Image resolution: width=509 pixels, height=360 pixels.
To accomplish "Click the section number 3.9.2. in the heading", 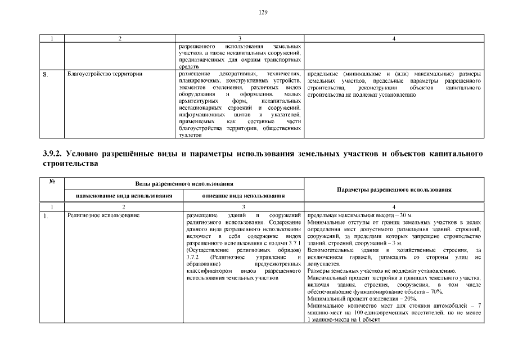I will pos(54,154).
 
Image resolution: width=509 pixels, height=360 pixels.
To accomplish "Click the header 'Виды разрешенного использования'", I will pos(184,184).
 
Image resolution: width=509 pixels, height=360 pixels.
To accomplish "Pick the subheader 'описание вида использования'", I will pos(243,196).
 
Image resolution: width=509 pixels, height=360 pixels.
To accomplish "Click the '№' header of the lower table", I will pos(52,181).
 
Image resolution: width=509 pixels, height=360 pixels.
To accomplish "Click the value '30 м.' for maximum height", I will pos(404,215).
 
